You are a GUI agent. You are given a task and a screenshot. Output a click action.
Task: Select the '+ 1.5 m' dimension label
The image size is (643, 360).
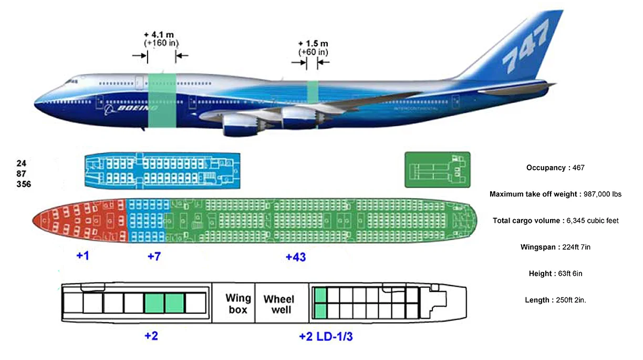(313, 43)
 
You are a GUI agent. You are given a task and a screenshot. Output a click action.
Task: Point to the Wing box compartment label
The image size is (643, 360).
(237, 304)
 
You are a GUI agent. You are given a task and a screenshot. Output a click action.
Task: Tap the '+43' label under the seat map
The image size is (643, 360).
(296, 257)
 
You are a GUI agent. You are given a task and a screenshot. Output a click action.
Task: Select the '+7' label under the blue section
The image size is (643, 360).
(154, 256)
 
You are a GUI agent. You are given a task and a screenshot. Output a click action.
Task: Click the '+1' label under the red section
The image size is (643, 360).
(83, 256)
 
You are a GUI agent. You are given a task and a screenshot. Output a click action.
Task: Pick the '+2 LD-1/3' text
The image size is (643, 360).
(326, 336)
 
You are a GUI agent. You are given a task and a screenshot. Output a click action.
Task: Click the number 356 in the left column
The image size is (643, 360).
(24, 184)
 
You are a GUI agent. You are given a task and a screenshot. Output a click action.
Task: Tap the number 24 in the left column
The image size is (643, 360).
(21, 163)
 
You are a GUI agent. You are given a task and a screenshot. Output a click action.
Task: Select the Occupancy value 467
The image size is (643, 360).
(577, 168)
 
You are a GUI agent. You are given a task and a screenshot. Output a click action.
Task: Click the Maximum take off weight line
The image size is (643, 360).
(555, 194)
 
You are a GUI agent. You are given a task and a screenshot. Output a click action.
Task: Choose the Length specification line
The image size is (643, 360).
(555, 300)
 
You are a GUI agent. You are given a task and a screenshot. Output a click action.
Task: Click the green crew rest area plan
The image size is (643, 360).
(437, 169)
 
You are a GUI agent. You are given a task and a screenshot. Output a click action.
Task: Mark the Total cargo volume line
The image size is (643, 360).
(555, 221)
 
